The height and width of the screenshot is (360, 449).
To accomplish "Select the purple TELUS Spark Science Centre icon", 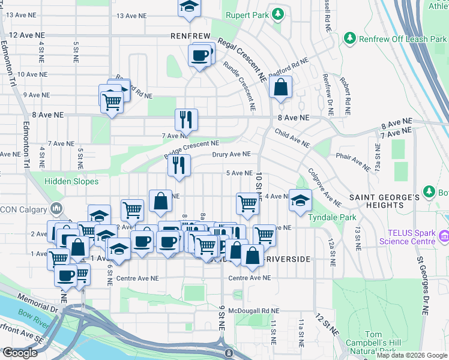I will [444, 237].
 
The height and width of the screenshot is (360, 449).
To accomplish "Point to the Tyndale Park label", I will [332, 217].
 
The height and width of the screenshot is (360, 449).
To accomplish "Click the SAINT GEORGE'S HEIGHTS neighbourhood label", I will [384, 201].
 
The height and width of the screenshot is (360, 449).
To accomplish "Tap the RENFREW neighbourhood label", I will [190, 35].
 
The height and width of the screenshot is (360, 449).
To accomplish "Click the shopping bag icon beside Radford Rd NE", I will [280, 88].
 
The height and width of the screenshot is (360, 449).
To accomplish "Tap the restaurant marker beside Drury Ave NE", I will [178, 165].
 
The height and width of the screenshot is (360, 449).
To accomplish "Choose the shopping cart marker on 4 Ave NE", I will [247, 203].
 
